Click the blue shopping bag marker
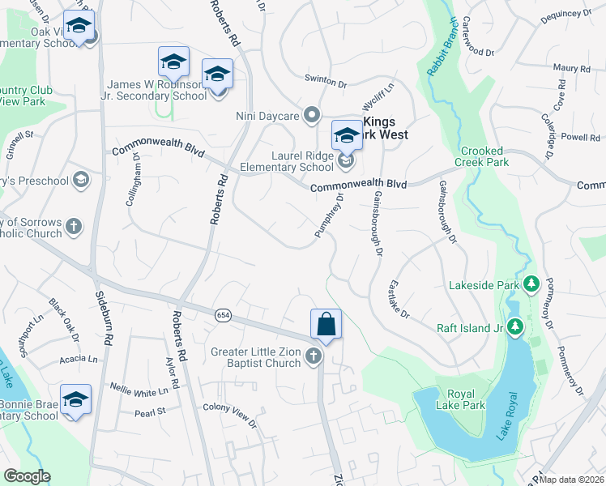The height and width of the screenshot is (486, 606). [x=326, y=324]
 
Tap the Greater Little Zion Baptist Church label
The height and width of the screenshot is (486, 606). [x=257, y=357]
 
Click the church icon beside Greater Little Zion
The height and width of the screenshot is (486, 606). [x=314, y=357]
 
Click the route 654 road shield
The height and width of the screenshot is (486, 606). [x=224, y=313]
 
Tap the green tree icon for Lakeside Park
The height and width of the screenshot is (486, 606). [x=531, y=283]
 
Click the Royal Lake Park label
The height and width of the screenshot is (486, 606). [x=460, y=401]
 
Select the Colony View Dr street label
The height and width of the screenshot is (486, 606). [x=229, y=418]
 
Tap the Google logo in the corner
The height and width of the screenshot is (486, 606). [x=27, y=477]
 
